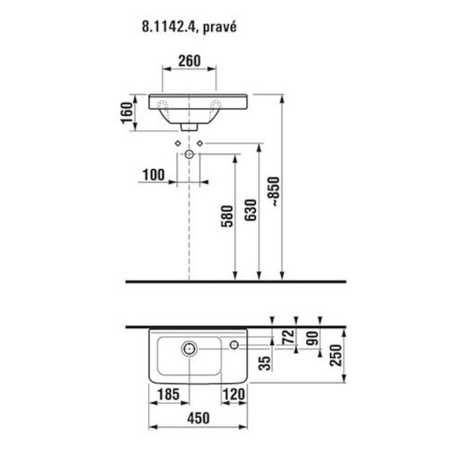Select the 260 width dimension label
click(x=189, y=61)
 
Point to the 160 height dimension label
click(x=127, y=113)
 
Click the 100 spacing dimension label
click(x=153, y=175)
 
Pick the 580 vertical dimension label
click(x=227, y=216)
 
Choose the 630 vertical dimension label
click(x=251, y=210)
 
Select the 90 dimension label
click(x=312, y=338)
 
